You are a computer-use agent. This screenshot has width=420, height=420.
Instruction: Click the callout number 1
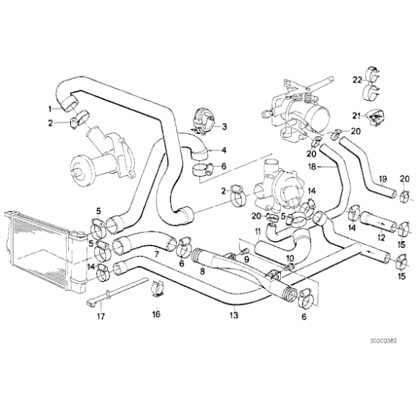[x=50, y=109]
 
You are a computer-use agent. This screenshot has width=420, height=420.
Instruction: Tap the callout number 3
[x=224, y=127]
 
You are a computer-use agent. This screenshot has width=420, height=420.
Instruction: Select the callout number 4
[x=224, y=151]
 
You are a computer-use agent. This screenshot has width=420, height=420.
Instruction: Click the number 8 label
[x=203, y=272]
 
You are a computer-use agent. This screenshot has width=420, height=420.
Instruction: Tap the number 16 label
[x=156, y=314]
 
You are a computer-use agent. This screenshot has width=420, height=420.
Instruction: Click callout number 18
[x=311, y=166]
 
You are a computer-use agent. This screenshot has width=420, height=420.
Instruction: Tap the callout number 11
[x=257, y=231]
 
